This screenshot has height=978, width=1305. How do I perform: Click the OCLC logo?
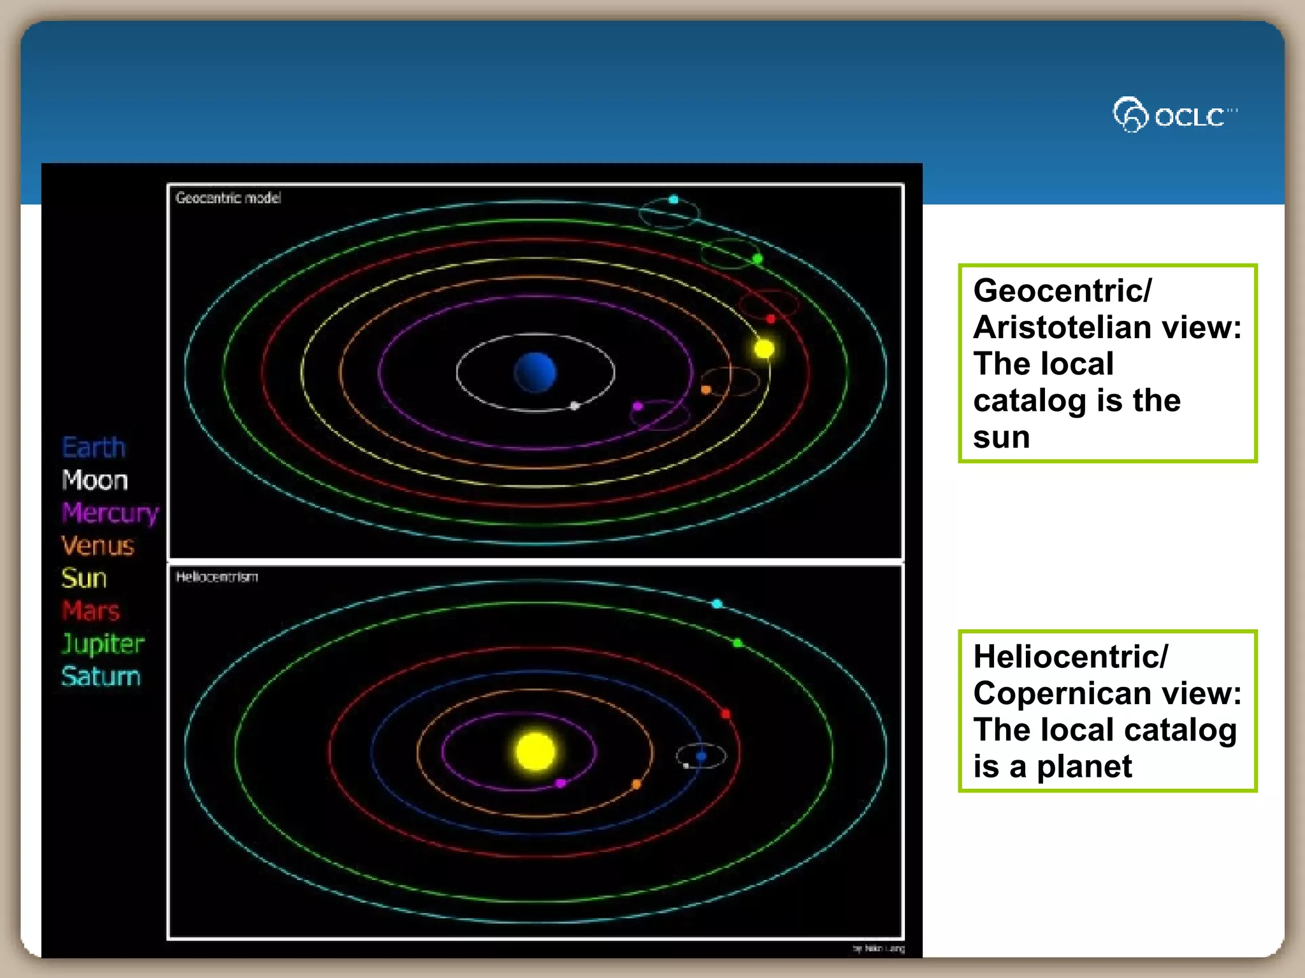[x=1174, y=115]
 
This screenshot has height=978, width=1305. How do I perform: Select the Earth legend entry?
[x=94, y=448]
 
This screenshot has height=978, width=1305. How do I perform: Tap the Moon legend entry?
[x=95, y=480]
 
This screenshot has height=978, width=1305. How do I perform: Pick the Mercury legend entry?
[x=110, y=513]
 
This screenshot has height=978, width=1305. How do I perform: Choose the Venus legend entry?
[x=97, y=546]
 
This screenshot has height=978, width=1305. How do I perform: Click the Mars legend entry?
[x=91, y=611]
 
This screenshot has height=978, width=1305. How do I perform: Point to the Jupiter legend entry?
[x=103, y=644]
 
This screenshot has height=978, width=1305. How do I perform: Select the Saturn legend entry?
[x=101, y=676]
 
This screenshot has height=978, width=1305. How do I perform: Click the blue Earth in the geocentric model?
[x=535, y=372]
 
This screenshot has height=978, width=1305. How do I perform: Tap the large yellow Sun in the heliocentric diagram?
[x=535, y=751]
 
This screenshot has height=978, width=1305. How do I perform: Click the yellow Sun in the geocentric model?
[x=763, y=348]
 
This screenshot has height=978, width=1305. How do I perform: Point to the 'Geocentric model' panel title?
[x=228, y=198]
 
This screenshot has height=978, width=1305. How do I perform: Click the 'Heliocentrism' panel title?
[x=217, y=577]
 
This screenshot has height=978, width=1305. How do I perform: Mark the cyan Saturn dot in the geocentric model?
[x=674, y=199]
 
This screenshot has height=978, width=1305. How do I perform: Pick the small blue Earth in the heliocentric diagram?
[x=701, y=756]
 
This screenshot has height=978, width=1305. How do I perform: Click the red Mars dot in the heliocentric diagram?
[x=725, y=714]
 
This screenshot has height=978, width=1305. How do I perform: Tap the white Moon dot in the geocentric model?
[x=575, y=406]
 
